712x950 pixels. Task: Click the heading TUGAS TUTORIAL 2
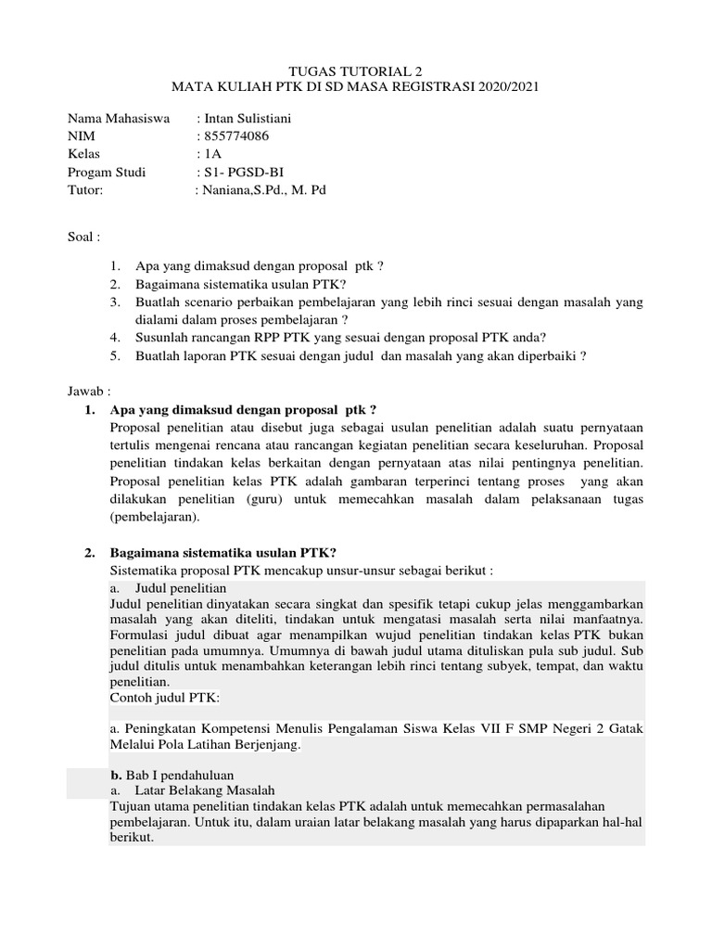[356, 70]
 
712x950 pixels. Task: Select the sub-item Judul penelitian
[181, 588]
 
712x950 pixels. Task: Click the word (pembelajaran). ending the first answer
[155, 517]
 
